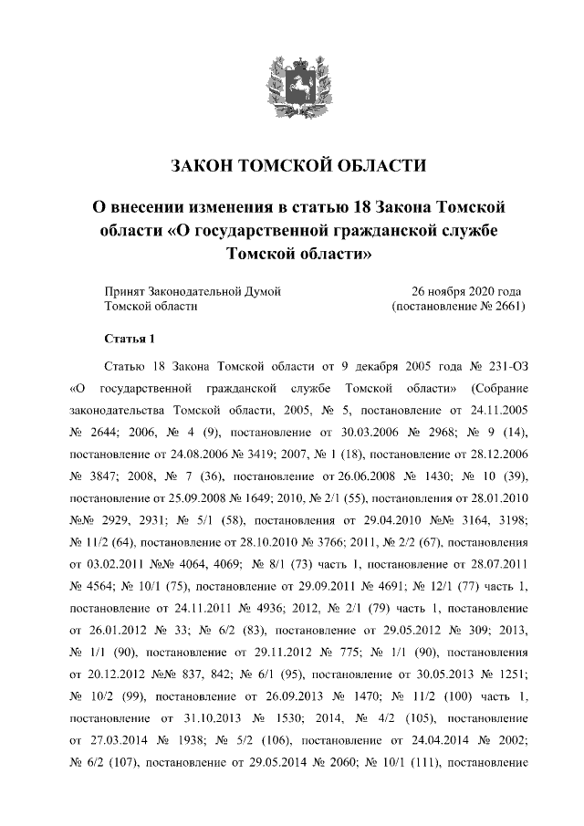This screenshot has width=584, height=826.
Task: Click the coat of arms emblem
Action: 291,83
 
